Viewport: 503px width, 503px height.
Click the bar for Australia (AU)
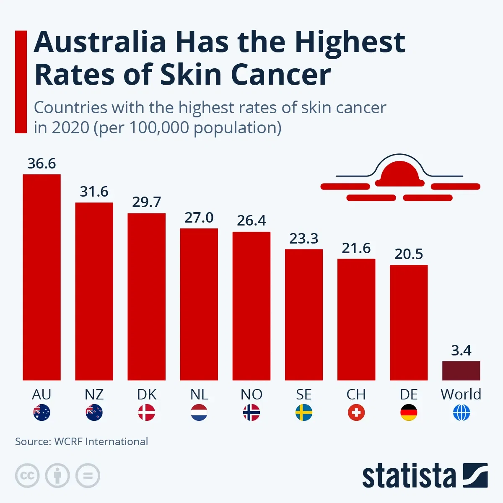41,277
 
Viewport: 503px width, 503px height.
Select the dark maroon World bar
461,371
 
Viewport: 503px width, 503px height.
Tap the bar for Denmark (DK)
146,296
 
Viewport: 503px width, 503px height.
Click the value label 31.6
94,192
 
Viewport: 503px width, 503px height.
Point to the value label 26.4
251,220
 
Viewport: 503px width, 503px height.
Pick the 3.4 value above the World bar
461,350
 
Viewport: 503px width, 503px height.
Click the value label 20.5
409,254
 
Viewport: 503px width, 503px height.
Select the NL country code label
199,394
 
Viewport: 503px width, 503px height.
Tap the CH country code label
356,394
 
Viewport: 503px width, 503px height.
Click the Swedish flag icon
304,413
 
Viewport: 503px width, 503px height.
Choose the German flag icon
409,413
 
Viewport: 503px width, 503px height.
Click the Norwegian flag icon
251,413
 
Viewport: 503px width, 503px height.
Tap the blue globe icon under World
461,413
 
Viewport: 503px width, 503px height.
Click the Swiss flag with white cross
356,413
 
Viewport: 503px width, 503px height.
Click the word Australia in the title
100,42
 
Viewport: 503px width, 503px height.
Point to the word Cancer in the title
280,75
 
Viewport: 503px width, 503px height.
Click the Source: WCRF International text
81,441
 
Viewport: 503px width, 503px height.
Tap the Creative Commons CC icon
27,476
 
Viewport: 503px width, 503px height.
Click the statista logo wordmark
409,476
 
